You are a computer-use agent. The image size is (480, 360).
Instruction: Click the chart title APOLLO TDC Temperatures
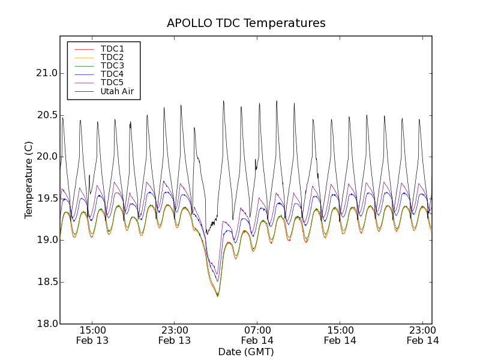pyautogui.click(x=246, y=23)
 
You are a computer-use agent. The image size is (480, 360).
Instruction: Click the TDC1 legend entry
pyautogui.click(x=112, y=49)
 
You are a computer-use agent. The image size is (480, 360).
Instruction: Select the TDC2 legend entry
pyautogui.click(x=112, y=57)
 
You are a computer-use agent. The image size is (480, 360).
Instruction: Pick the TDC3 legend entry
pyautogui.click(x=112, y=65)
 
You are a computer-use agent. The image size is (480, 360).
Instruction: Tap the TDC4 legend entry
pyautogui.click(x=112, y=74)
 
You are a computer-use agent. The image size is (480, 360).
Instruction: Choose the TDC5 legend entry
pyautogui.click(x=112, y=83)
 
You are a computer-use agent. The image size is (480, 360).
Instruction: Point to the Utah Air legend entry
pyautogui.click(x=117, y=92)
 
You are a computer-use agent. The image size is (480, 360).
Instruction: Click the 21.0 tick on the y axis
pyautogui.click(x=46, y=73)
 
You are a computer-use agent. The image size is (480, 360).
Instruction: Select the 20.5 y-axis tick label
pyautogui.click(x=46, y=115)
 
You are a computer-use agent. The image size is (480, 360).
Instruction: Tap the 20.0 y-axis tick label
pyautogui.click(x=46, y=157)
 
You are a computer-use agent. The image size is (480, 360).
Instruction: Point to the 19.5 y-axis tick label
pyautogui.click(x=46, y=199)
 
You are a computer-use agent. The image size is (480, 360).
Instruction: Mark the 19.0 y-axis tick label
pyautogui.click(x=46, y=240)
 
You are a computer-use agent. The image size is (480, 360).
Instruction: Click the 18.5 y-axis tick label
pyautogui.click(x=46, y=282)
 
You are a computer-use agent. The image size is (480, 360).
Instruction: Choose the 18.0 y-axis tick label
pyautogui.click(x=46, y=323)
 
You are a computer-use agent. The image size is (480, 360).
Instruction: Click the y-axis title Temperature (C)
pyautogui.click(x=29, y=180)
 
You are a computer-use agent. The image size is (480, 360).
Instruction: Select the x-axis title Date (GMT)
pyautogui.click(x=246, y=352)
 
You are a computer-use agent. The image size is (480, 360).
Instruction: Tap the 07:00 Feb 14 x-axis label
pyautogui.click(x=257, y=335)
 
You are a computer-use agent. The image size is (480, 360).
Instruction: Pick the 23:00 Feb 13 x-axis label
pyautogui.click(x=175, y=335)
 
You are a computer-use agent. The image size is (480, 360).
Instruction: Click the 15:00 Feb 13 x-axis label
pyautogui.click(x=92, y=335)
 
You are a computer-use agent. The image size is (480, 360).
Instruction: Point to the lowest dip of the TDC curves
pyautogui.click(x=218, y=296)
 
